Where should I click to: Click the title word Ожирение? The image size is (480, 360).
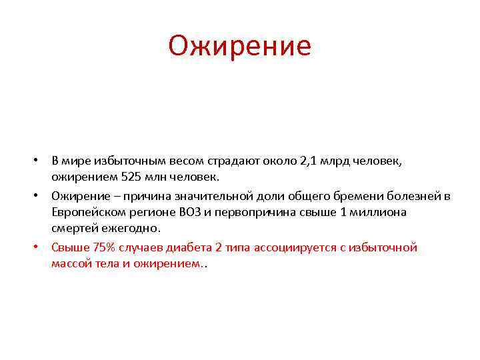point(239,46)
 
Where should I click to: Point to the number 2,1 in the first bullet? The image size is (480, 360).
point(309,161)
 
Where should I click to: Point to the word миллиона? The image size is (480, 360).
point(375,213)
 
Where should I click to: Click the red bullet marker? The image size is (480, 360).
point(39,247)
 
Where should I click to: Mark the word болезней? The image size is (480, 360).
point(419,195)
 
